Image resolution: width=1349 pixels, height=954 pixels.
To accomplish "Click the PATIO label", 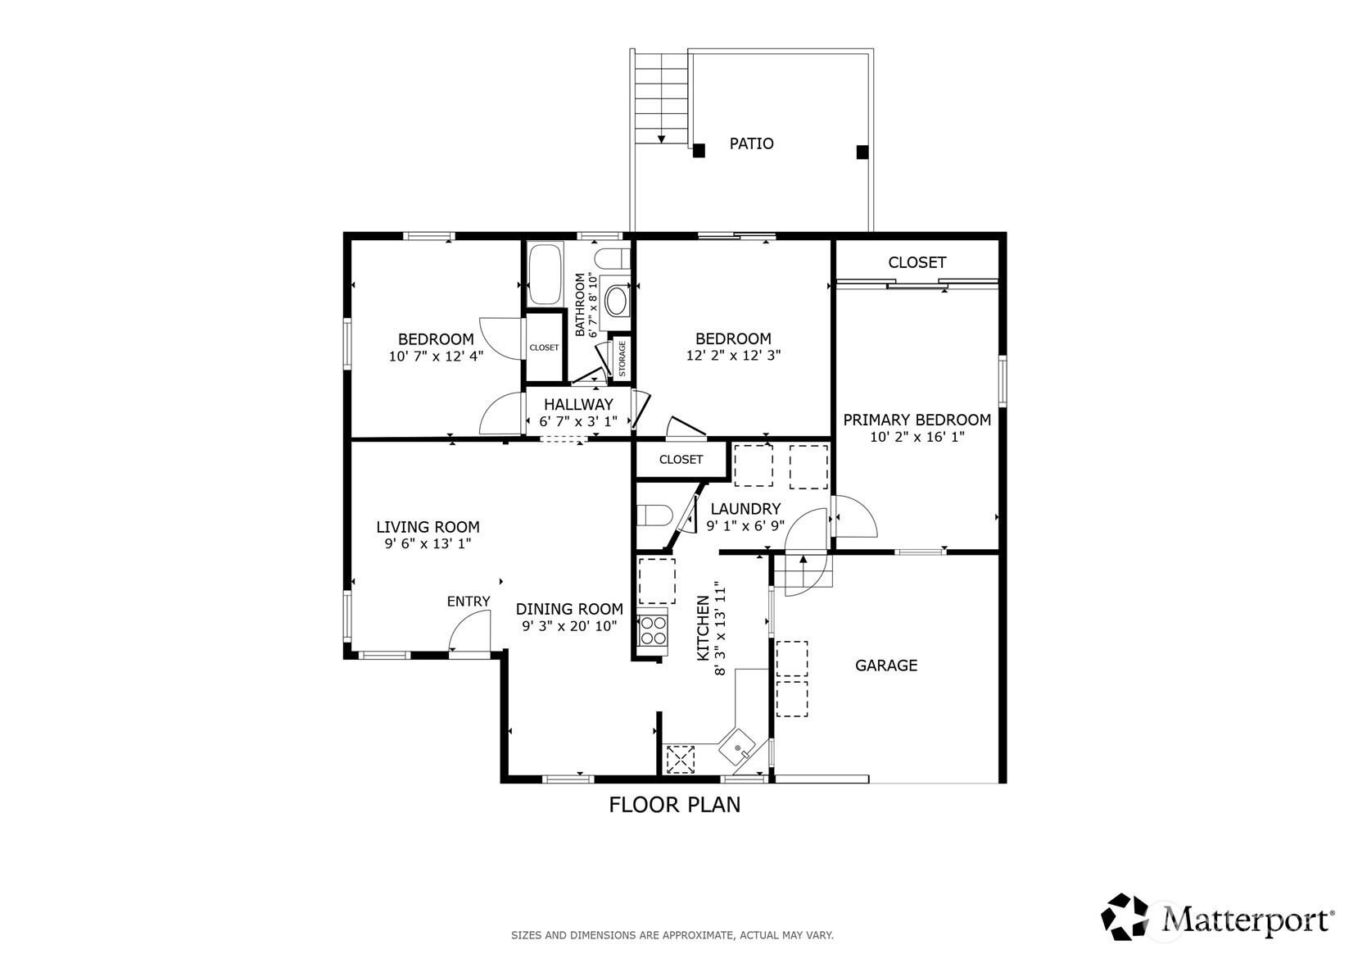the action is tap(751, 143).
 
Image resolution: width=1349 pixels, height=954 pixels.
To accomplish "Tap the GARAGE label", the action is tap(886, 666).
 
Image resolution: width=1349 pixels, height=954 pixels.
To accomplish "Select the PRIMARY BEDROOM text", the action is tap(917, 420).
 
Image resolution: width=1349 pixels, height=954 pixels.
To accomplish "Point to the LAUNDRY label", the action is tap(745, 509).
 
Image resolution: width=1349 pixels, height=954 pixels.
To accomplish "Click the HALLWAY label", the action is tap(579, 404).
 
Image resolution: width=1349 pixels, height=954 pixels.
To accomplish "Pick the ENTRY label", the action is tap(469, 602).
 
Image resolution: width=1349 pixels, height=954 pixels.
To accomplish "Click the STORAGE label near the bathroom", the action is tap(622, 358).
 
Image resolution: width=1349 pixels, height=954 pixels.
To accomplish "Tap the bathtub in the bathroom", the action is tap(545, 275).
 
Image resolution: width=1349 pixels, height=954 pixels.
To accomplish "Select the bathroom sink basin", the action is tap(616, 301).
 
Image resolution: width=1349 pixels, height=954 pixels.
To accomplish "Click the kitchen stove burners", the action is tap(653, 631).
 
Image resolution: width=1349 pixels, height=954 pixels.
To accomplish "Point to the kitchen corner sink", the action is tap(737, 747).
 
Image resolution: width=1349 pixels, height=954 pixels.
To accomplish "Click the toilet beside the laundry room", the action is tap(654, 516).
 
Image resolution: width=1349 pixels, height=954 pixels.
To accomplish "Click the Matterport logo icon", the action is tap(1125, 916).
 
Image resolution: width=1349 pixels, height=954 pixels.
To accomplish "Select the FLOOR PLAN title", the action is tap(675, 805).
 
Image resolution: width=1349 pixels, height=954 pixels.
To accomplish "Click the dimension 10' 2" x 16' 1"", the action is tap(917, 437).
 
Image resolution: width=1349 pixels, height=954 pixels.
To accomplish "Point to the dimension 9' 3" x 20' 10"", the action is tap(570, 626).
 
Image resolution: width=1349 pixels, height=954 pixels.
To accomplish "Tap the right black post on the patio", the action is tap(862, 152).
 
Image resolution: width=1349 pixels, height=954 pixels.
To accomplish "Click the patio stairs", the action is tap(661, 98).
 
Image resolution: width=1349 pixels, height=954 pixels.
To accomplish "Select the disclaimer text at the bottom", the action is tap(672, 935).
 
